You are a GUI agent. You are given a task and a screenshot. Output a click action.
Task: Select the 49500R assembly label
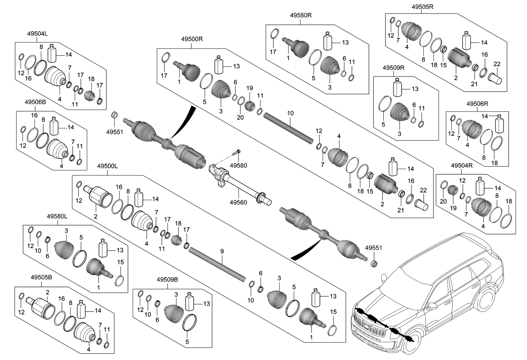(192, 39)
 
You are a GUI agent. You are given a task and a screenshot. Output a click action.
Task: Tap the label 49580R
(300, 16)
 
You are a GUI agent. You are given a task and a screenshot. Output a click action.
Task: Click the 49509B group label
(167, 280)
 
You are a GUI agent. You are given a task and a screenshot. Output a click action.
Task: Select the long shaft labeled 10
(289, 127)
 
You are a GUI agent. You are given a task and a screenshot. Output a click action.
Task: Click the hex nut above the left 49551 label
(114, 114)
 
